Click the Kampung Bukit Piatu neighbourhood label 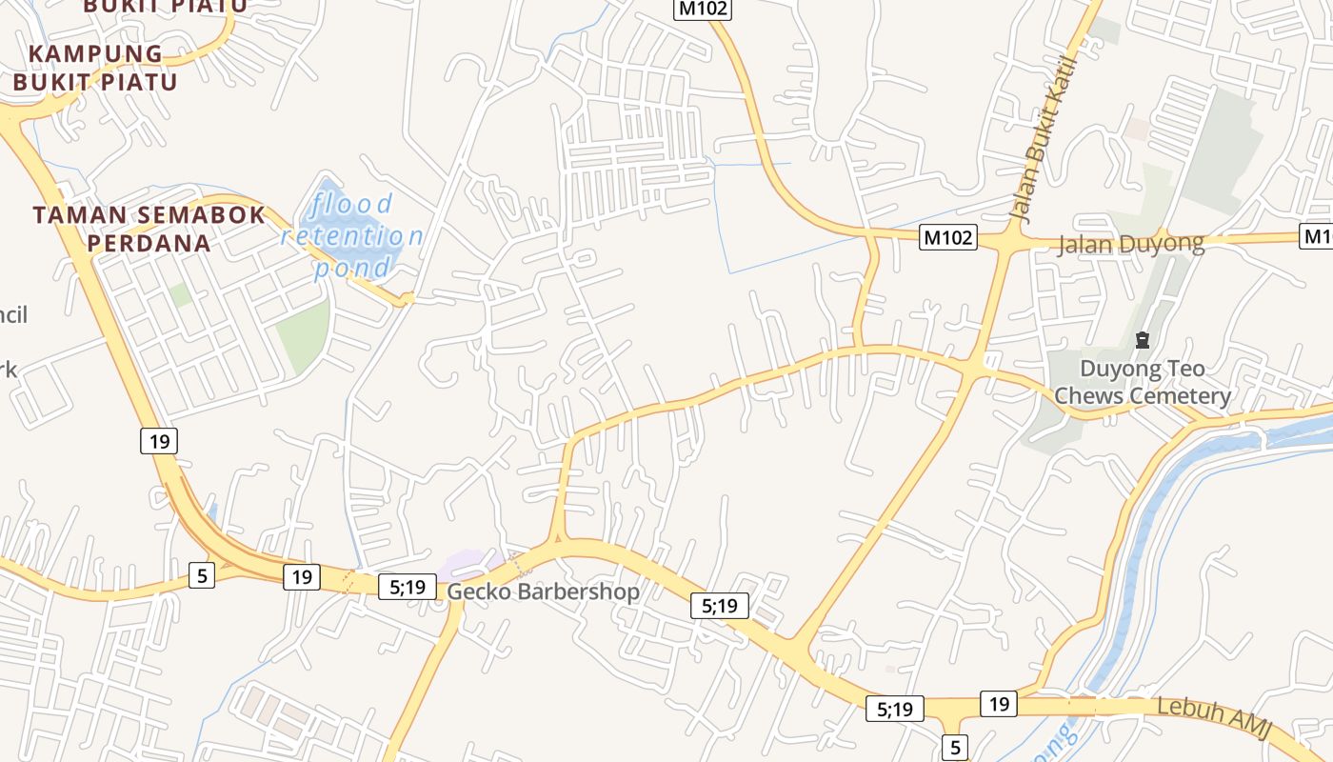coord(95,67)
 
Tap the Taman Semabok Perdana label coord(149,229)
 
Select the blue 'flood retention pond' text coord(352,236)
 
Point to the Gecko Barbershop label coord(543,592)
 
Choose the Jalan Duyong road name coord(1130,244)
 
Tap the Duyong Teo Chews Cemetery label coord(1142,382)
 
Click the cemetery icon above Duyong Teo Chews coord(1143,340)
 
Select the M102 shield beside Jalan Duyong coord(948,237)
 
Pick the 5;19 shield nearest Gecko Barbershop coord(408,587)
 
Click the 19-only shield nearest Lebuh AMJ coord(998,704)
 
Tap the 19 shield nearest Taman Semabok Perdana coord(159,441)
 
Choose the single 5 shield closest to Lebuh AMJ coord(955,748)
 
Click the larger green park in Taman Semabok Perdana coord(304,335)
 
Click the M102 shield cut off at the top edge coord(703,9)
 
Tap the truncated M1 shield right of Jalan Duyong coord(1317,236)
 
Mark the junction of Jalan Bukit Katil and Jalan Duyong coord(1005,242)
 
